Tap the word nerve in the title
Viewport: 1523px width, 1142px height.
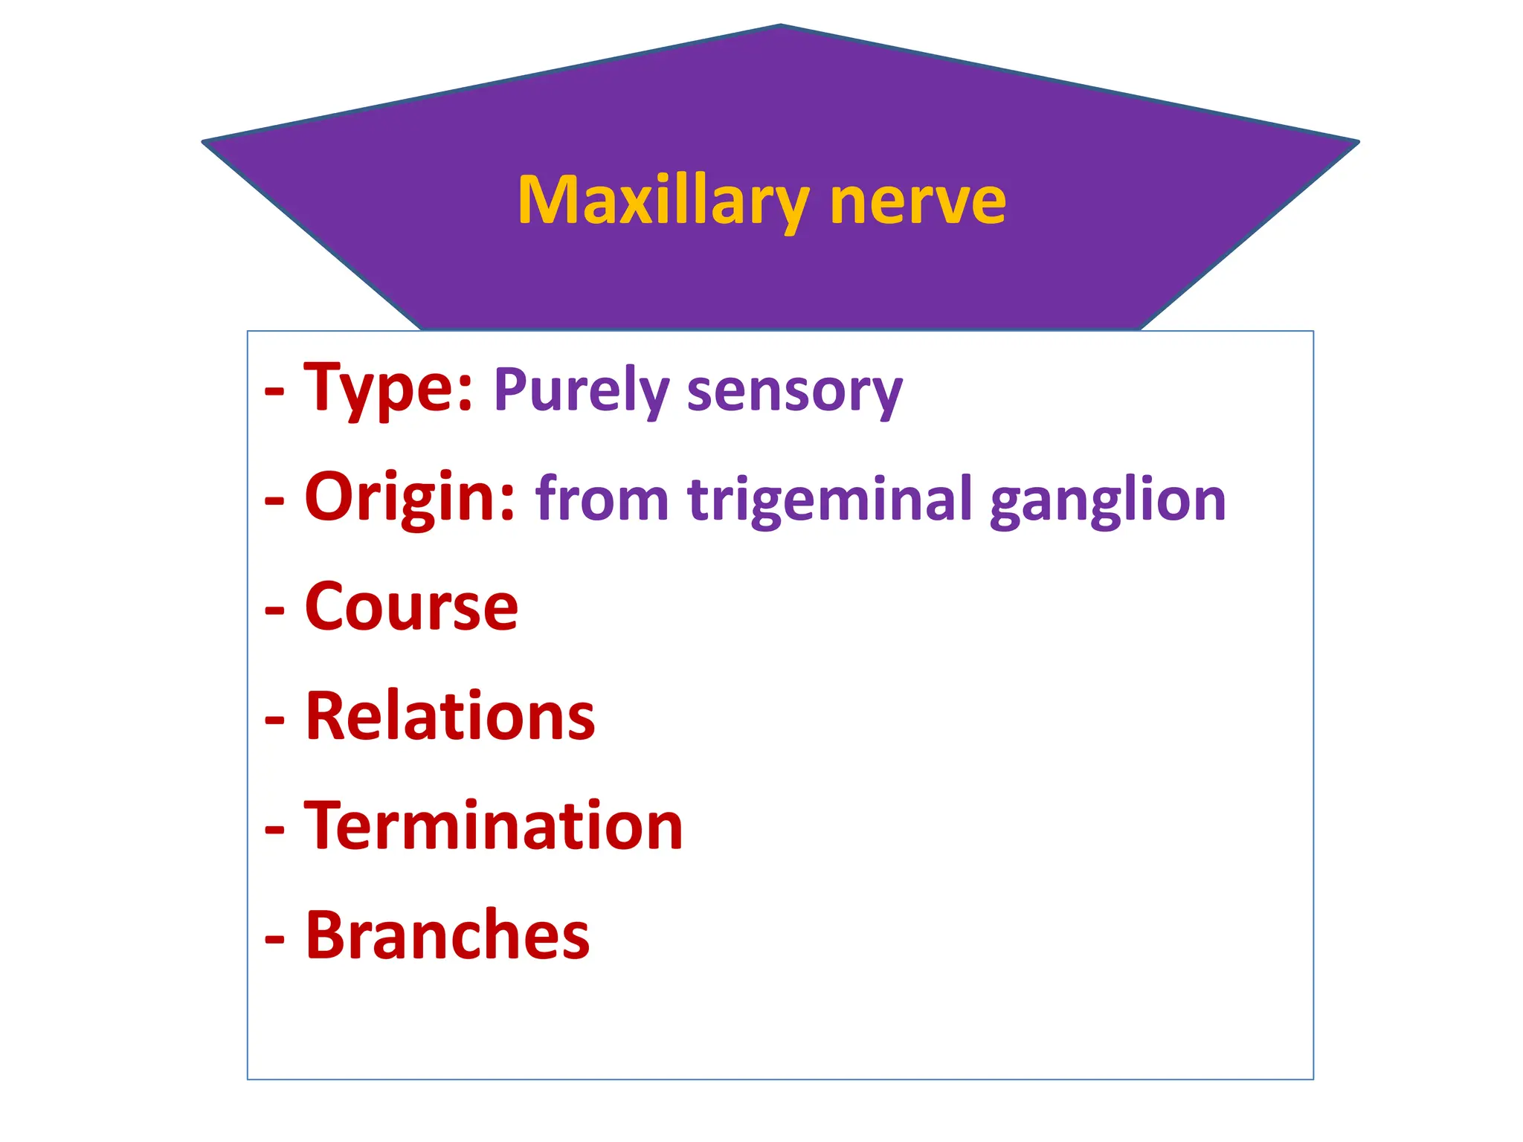[918, 202]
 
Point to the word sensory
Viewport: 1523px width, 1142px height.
[794, 392]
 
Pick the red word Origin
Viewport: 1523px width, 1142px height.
[410, 498]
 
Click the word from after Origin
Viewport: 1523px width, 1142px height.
[602, 500]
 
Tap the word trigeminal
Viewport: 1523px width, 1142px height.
[829, 500]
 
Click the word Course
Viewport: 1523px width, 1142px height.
[411, 607]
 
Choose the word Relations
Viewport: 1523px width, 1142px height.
[450, 717]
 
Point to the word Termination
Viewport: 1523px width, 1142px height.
[494, 826]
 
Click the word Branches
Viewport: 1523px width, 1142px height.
[448, 935]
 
